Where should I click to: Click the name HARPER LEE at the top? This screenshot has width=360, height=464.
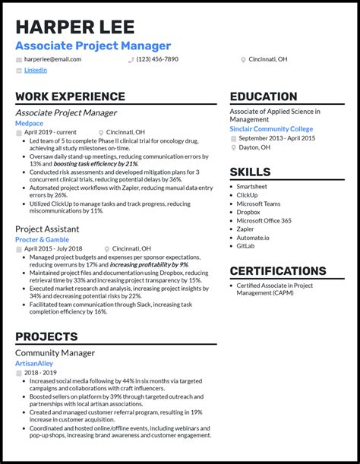click(74, 27)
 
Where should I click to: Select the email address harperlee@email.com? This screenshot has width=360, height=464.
click(52, 58)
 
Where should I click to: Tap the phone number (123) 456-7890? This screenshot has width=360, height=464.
click(157, 58)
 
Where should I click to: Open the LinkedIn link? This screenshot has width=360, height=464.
click(35, 70)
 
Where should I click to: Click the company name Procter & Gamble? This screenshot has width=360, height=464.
click(43, 239)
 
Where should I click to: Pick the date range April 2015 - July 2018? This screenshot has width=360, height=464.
click(56, 248)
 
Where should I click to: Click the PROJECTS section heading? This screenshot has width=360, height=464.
click(46, 336)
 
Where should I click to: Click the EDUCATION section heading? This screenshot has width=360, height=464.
click(264, 96)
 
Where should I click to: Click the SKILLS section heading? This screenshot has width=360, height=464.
click(250, 172)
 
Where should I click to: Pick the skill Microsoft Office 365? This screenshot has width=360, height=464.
click(264, 220)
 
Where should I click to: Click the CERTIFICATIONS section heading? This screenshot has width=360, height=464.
click(278, 270)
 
